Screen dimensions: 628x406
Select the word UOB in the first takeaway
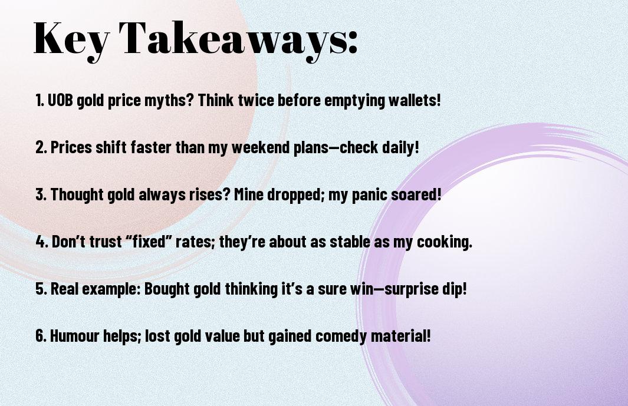[x=61, y=100]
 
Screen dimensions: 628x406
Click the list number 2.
[x=41, y=147]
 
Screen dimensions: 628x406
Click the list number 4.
[x=42, y=242]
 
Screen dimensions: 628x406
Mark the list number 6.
[x=41, y=336]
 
